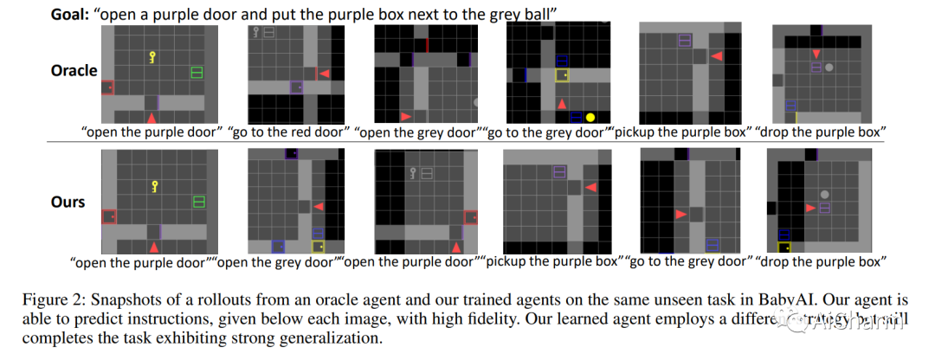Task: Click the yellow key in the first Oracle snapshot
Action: pyautogui.click(x=152, y=58)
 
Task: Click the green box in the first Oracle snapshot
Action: pyautogui.click(x=197, y=72)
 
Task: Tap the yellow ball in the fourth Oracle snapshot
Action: pyautogui.click(x=590, y=117)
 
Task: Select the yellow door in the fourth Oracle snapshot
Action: pyautogui.click(x=561, y=75)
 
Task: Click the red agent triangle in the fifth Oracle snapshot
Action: pyautogui.click(x=717, y=55)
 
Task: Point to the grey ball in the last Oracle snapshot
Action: pyautogui.click(x=829, y=67)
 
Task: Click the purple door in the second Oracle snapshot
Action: pyautogui.click(x=296, y=87)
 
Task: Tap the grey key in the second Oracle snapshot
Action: pyautogui.click(x=256, y=33)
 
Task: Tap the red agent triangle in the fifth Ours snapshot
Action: pyautogui.click(x=681, y=213)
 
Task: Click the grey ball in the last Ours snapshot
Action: pyautogui.click(x=825, y=195)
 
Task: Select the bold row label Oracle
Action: pyautogui.click(x=74, y=70)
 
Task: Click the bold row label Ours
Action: pyautogui.click(x=68, y=202)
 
